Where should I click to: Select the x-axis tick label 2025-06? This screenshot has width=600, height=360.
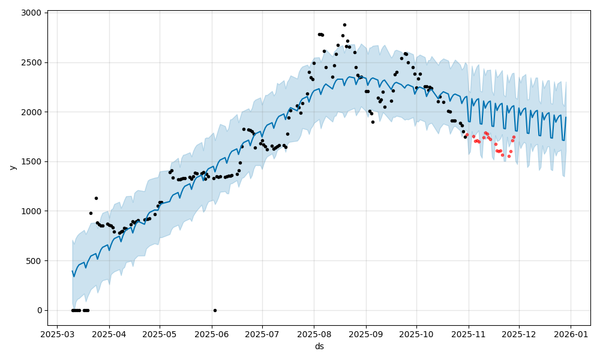[212, 334]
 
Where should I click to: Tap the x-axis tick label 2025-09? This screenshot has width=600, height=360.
[366, 334]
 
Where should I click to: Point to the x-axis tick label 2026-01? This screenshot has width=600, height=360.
[571, 334]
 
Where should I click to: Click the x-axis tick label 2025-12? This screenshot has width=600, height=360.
[519, 334]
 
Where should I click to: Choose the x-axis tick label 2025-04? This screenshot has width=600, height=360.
[109, 334]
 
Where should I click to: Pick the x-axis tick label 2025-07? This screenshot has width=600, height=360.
[262, 334]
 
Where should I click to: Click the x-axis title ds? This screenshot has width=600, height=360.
[319, 346]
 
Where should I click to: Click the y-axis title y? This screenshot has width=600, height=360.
[12, 167]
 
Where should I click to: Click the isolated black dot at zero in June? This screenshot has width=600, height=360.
[215, 310]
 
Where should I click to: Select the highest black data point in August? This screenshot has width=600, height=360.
[344, 25]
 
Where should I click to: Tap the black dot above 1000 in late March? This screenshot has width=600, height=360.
[96, 198]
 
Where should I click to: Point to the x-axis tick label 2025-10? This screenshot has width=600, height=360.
[416, 334]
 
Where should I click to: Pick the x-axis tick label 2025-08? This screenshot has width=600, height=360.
[314, 334]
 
